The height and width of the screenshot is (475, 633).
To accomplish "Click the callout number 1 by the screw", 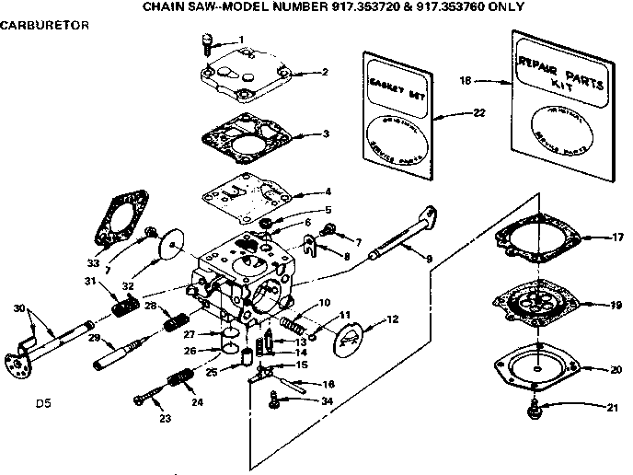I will tap(241, 40).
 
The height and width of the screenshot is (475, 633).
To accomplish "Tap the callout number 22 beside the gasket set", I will tap(479, 112).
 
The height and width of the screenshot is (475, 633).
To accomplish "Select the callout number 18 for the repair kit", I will tap(466, 81).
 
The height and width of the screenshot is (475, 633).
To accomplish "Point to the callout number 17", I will tap(618, 237).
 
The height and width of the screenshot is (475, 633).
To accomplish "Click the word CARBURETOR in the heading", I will tap(44, 25).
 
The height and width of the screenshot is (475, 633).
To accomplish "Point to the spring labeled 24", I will tap(178, 378).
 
